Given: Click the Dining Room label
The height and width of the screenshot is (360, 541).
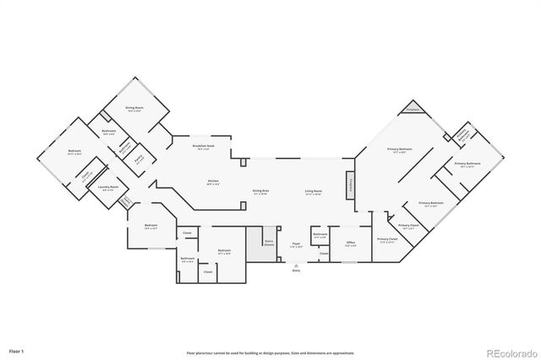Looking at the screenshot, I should pos(134,109).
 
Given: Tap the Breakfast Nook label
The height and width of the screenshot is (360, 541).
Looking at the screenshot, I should pos(203,147).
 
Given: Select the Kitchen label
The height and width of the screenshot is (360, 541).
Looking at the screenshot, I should pos(214,181).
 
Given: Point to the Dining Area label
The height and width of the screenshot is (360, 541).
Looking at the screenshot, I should pos(260,192).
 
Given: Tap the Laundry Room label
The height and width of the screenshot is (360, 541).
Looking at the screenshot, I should pos(107,188).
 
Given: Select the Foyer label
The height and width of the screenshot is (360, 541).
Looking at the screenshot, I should pos(297,244).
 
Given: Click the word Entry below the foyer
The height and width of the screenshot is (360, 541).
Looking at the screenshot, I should pos(296,270).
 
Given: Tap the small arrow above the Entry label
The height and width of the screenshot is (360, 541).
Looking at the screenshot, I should pos(296,264).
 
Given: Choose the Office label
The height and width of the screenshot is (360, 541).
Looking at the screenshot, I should pos(351,244).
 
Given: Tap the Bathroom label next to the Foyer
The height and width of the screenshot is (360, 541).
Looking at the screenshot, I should pos(320,236).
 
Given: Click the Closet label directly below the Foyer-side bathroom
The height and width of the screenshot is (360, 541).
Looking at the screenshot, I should pos(323,253).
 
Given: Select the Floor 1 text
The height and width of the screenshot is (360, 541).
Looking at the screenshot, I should pos(17,350).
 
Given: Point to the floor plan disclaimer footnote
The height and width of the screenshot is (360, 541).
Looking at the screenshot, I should pos(270,352).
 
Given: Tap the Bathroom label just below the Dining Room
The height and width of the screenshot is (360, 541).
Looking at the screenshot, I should pos(109,132).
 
